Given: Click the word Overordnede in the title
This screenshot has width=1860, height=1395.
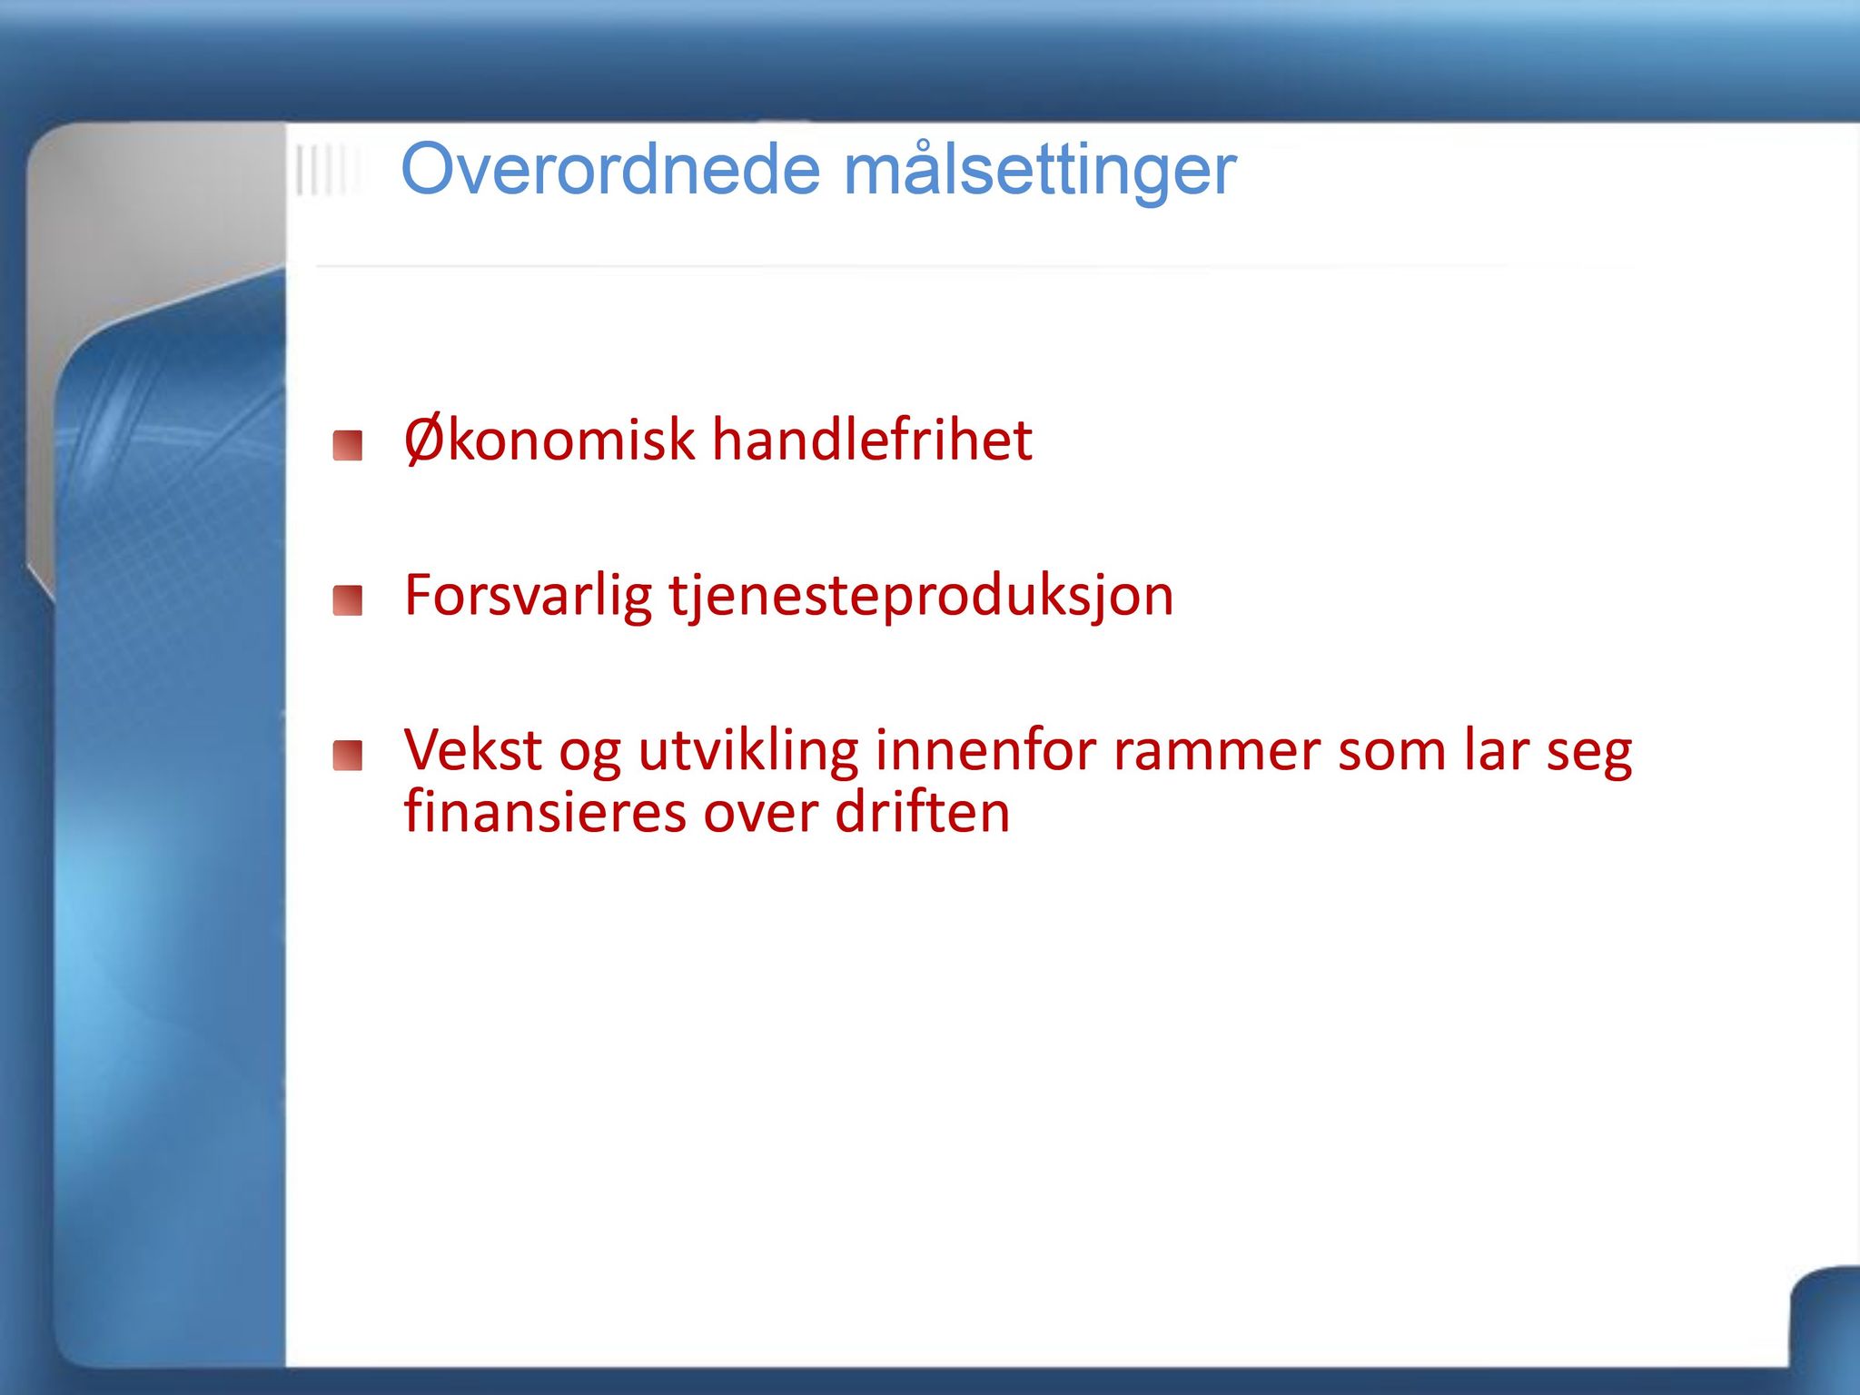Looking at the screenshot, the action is [610, 170].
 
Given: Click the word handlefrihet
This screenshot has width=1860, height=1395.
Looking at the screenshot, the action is [872, 440].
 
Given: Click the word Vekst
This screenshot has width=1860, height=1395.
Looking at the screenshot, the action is [473, 750].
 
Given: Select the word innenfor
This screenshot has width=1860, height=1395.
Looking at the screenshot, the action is [986, 750].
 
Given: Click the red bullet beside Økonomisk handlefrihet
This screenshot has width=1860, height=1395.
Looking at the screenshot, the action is [348, 446].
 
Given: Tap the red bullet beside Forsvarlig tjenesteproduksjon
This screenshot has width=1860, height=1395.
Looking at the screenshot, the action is [348, 600].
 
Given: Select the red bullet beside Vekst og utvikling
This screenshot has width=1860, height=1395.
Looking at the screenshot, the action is [348, 756].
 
